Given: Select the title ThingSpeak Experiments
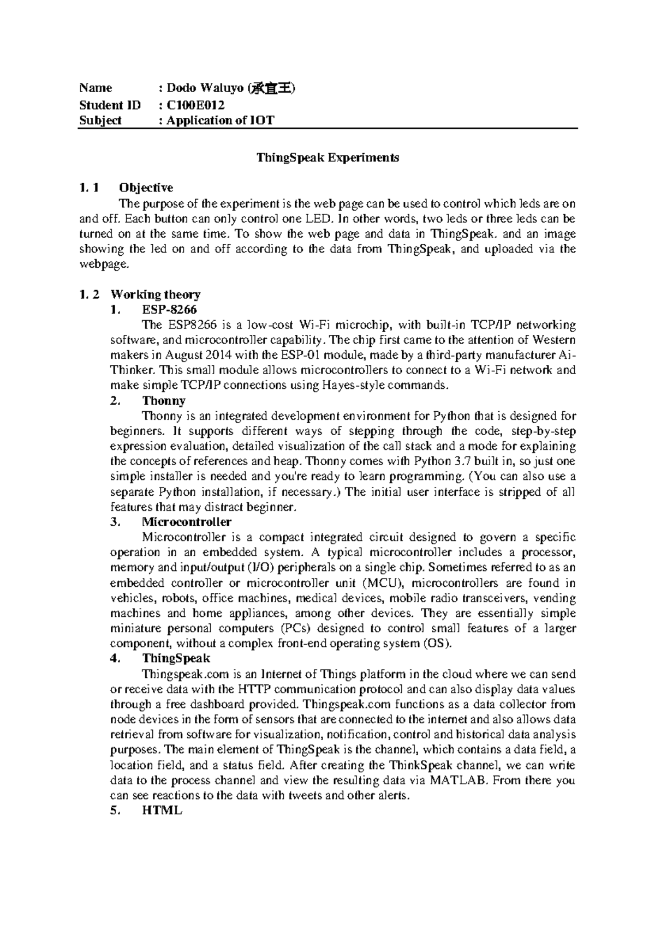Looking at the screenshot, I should (x=328, y=158).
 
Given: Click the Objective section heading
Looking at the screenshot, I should (x=146, y=188).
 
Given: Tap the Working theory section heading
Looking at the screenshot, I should (x=156, y=294).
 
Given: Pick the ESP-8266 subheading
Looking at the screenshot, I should (x=170, y=310).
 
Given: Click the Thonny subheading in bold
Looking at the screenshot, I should (x=164, y=401).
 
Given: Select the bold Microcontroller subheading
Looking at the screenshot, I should (x=187, y=522).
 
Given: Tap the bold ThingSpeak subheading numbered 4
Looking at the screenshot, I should (x=176, y=658).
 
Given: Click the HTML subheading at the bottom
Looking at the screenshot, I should (x=162, y=810).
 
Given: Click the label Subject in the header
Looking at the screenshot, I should (x=100, y=120).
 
